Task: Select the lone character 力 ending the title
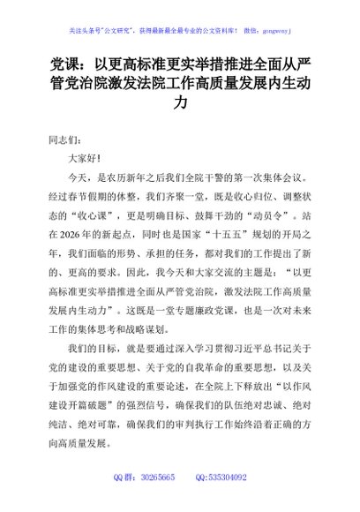(180, 104)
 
